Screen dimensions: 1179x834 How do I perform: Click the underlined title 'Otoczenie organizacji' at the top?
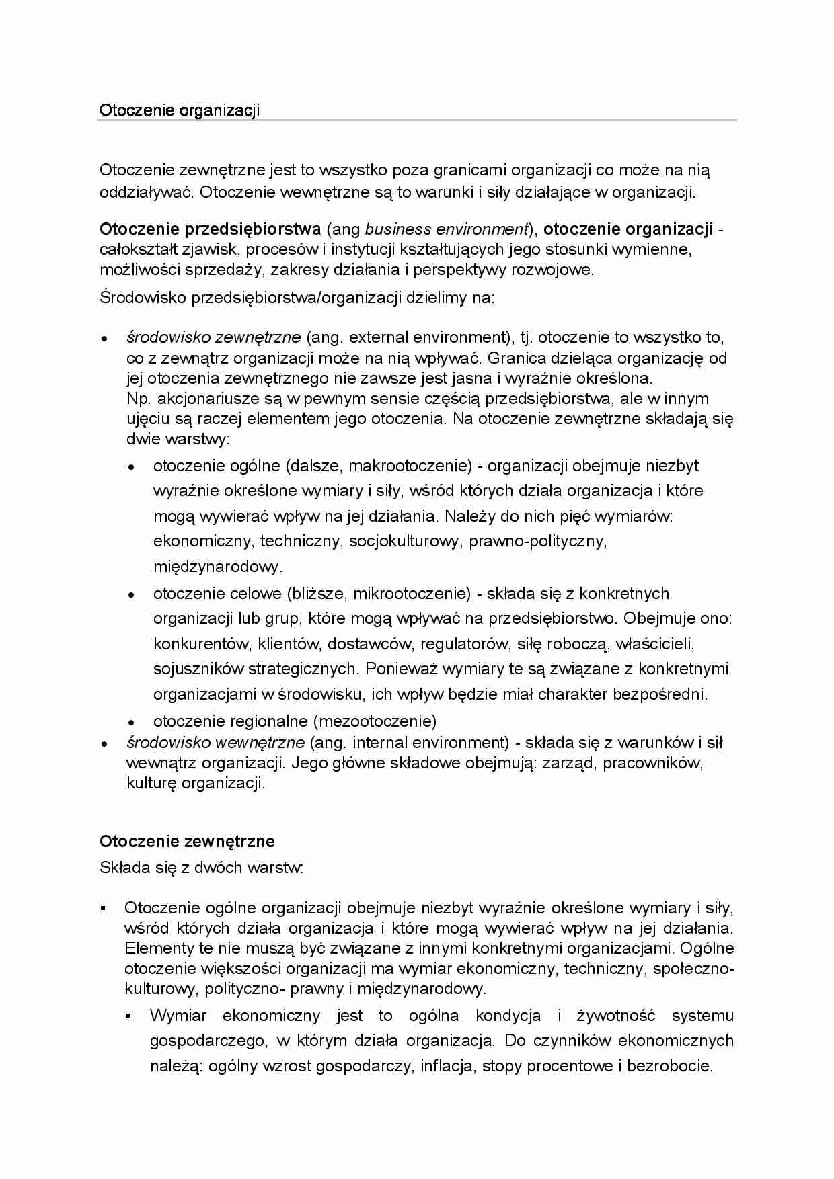[x=179, y=110]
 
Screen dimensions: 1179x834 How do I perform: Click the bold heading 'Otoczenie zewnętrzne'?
[x=187, y=841]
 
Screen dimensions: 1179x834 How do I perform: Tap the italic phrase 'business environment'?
[x=445, y=229]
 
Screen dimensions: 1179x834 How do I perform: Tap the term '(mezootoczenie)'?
[x=375, y=721]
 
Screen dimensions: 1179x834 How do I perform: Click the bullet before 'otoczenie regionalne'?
[x=132, y=723]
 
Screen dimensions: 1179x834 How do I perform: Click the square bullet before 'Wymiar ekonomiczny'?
[x=128, y=1016]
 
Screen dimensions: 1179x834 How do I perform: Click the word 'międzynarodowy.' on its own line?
[x=218, y=567]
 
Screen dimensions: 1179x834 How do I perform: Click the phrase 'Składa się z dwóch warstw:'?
[x=202, y=868]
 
